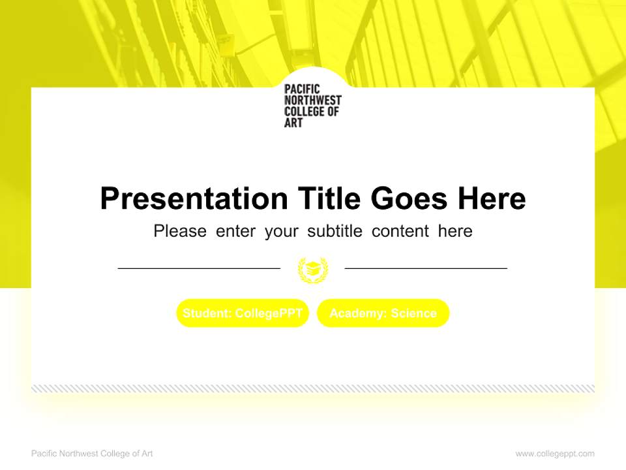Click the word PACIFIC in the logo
[301, 89]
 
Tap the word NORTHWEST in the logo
[313, 101]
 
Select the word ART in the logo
[293, 123]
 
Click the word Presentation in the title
[194, 198]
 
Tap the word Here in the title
[491, 198]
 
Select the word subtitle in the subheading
[333, 231]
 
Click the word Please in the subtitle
[180, 231]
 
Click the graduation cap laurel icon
[313, 269]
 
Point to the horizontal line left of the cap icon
[199, 268]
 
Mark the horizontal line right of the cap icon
[426, 268]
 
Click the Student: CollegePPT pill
[243, 313]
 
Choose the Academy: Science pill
[383, 313]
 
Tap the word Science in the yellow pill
[413, 313]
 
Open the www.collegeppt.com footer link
[555, 454]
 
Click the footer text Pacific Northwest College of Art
[92, 454]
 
